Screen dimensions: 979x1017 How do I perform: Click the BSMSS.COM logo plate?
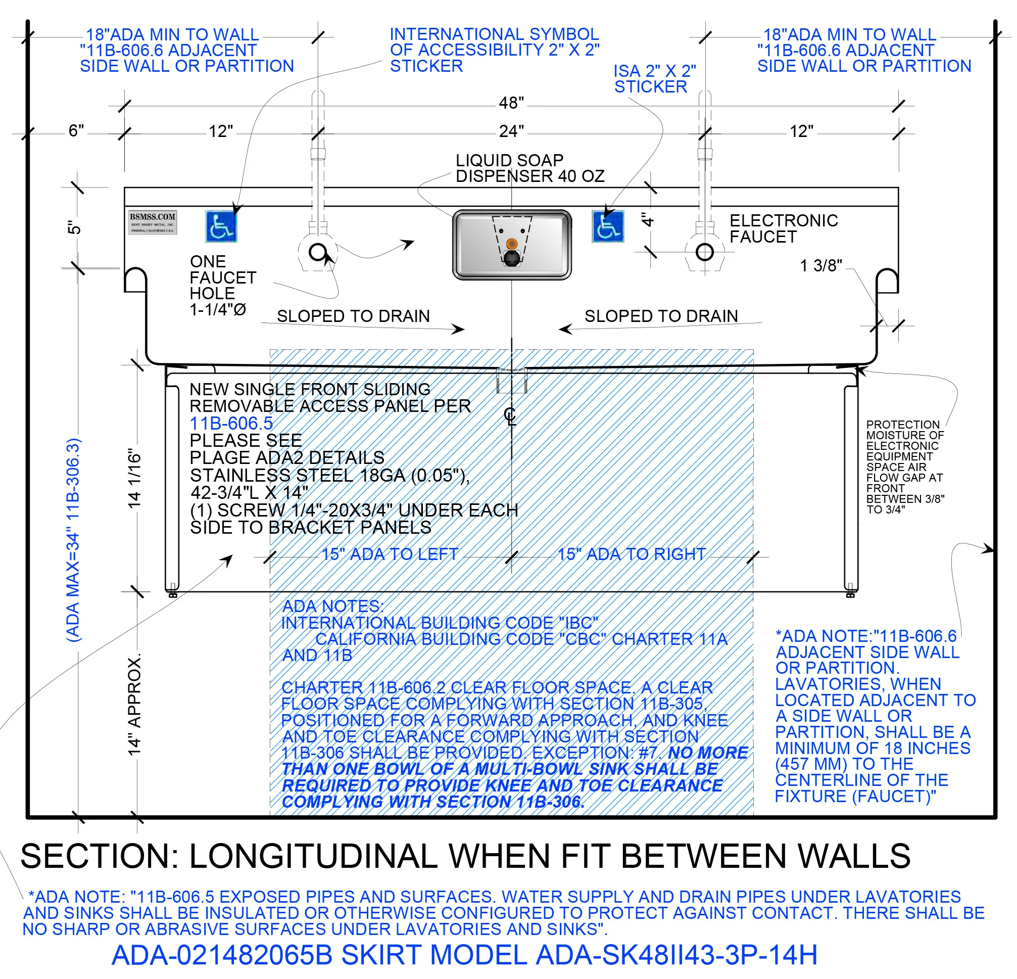point(153,223)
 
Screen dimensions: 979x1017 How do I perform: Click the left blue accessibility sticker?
point(221,227)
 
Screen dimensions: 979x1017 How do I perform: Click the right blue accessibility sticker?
point(608,227)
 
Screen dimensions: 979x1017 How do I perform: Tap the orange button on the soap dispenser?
point(512,244)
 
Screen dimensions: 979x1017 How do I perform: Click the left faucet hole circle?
point(317,252)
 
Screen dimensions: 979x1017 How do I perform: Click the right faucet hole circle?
point(704,252)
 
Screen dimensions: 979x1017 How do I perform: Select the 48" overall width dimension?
point(511,103)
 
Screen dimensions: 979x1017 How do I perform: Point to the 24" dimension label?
point(511,131)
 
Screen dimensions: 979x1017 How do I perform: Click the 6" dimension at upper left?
point(76,131)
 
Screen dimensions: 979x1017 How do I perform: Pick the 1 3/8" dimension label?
point(820,266)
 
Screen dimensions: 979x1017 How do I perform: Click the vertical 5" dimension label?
point(74,227)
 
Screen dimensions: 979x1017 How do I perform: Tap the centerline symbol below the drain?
point(510,416)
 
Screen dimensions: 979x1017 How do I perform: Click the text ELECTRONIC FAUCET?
point(783,228)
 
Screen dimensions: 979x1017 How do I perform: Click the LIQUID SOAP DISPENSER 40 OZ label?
point(529,168)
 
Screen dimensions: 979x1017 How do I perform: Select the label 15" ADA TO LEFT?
point(390,554)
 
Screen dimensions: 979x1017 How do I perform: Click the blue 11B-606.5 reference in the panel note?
point(231,424)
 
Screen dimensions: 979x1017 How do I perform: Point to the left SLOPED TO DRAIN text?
point(353,316)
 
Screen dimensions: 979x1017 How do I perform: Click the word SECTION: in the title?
point(99,857)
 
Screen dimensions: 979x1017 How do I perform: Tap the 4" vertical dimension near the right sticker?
point(647,220)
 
